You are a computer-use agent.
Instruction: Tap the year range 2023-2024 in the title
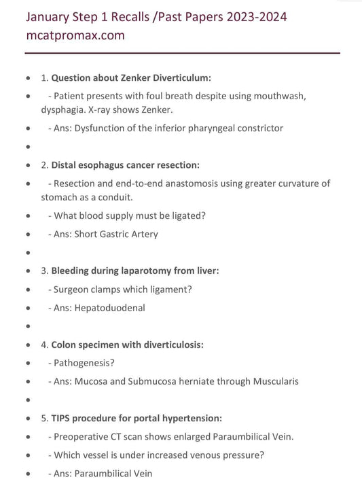coord(251,16)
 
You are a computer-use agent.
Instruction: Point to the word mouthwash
coord(274,96)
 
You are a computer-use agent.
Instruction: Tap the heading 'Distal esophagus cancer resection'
coord(126,165)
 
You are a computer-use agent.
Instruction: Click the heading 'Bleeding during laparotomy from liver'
coord(135,270)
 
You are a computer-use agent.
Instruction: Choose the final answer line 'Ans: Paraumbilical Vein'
coord(101,473)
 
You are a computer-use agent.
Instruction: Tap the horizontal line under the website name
coord(182,53)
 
